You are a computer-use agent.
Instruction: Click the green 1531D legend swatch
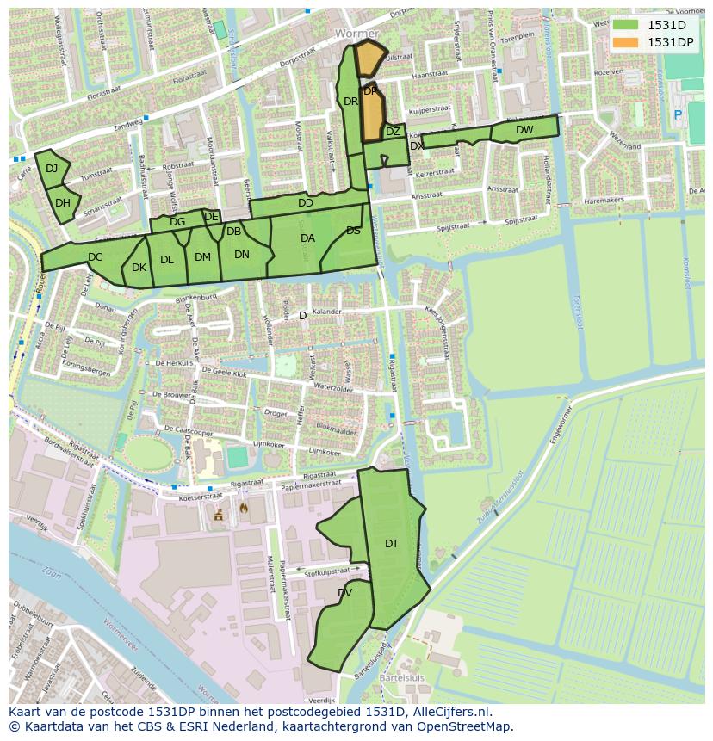point(626,25)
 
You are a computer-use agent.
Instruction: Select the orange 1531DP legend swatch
point(626,42)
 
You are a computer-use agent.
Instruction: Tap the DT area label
point(392,543)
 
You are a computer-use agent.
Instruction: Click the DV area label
point(344,592)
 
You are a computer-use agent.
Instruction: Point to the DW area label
point(524,130)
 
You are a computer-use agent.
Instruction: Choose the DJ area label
point(52,168)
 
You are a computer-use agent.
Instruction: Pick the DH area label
point(63,203)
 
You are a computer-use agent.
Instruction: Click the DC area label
point(95,256)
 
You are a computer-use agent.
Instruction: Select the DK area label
point(139,268)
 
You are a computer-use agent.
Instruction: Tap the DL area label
point(166,259)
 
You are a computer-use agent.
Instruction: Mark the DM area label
point(202,256)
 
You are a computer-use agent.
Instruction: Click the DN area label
point(241,254)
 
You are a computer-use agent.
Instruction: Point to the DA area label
point(307,238)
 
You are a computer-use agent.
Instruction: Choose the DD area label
point(305,203)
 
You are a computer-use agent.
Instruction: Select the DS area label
point(353,230)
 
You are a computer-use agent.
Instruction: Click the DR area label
point(350,102)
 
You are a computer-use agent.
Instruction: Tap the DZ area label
point(393,132)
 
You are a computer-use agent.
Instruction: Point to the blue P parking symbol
point(678,114)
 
